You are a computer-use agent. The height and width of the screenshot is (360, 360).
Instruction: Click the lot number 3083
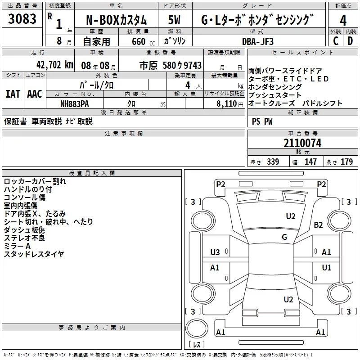22,20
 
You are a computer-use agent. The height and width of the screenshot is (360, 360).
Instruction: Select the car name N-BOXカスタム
116,21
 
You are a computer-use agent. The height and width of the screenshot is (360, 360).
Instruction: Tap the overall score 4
343,21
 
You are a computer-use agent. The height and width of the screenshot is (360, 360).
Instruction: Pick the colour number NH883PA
75,103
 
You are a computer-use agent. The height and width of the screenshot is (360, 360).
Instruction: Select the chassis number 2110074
302,144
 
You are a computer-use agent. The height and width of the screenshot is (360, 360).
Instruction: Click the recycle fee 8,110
225,103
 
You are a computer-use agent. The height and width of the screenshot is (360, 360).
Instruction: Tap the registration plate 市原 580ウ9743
170,65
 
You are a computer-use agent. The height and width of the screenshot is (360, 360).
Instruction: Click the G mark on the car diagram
284,237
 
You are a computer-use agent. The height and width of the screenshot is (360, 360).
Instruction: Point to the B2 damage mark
319,225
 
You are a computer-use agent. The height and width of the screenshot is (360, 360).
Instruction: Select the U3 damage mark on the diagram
215,252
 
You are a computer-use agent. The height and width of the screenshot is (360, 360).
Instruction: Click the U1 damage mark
326,268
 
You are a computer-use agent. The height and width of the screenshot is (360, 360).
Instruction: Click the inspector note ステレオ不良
25,238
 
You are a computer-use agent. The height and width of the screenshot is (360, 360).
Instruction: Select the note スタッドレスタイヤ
34,254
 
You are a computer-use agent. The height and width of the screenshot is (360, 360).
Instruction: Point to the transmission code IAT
13,94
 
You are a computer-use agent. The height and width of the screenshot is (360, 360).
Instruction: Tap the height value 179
346,162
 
